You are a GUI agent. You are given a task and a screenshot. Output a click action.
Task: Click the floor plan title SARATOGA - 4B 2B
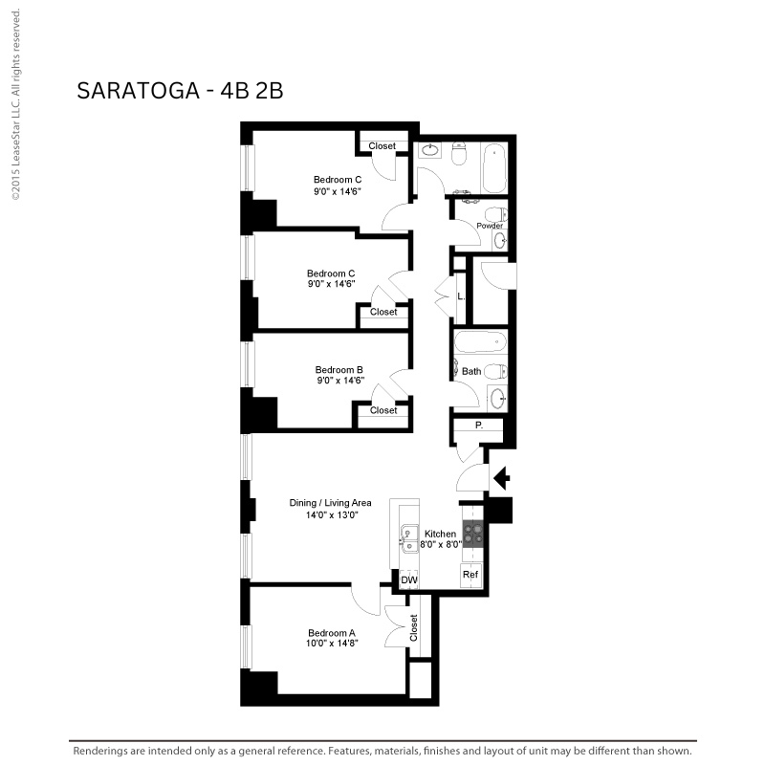180,91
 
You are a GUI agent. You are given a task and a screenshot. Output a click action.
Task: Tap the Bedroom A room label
332,633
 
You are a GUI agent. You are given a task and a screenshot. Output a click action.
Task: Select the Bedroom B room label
339,370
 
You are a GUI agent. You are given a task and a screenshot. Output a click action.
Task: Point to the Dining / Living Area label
330,503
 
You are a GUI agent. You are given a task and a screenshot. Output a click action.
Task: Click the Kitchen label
440,534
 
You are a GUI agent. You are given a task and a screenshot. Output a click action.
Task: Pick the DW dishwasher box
409,579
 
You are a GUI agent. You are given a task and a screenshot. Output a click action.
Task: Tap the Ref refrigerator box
470,576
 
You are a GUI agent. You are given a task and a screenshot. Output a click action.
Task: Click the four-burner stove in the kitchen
472,534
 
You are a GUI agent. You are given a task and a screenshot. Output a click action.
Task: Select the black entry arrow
501,478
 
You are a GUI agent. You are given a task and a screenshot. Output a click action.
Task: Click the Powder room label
490,226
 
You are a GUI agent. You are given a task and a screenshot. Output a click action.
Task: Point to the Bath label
471,371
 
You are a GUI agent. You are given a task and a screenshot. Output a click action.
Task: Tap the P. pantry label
479,426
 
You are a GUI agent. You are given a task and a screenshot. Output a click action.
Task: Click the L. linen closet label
461,296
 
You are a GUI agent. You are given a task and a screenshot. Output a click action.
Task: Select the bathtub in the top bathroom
494,168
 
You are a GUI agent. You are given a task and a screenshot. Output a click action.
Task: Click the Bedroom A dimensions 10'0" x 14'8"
332,644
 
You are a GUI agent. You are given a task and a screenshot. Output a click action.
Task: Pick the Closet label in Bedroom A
414,628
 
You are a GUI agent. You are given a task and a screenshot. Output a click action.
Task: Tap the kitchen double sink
409,538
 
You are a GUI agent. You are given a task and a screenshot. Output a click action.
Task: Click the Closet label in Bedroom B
383,410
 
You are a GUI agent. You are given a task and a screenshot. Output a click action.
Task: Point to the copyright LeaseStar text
15,104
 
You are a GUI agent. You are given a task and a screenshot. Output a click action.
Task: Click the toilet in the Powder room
496,214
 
